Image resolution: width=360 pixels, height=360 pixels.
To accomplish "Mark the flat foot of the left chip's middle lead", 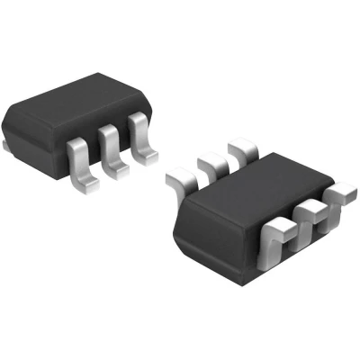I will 117,171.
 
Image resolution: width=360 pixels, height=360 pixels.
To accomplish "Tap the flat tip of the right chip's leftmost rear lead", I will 176,179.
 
